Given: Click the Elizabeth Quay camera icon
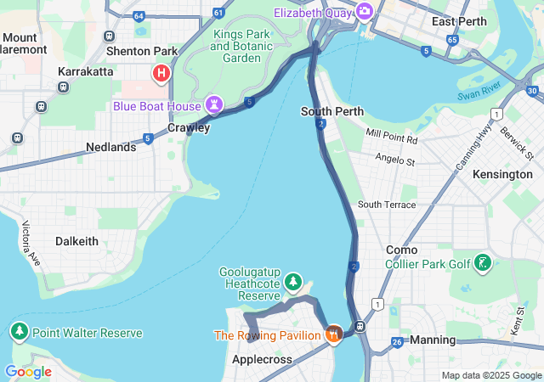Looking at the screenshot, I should pyautogui.click(x=365, y=11).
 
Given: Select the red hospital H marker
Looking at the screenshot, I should pyautogui.click(x=160, y=74).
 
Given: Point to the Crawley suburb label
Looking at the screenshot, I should pyautogui.click(x=188, y=127).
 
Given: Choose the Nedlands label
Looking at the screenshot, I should pyautogui.click(x=110, y=147).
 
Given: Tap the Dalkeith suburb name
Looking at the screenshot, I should pyautogui.click(x=76, y=241).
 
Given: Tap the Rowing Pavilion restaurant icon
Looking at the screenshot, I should pyautogui.click(x=333, y=334).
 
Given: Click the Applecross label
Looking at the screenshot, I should pyautogui.click(x=262, y=359).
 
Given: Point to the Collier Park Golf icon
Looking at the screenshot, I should pyautogui.click(x=483, y=263).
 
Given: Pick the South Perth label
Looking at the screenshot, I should pyautogui.click(x=332, y=111).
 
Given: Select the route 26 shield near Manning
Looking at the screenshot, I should pyautogui.click(x=397, y=342).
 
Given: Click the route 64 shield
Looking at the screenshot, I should pyautogui.click(x=139, y=14).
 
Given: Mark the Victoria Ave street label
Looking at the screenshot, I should pyautogui.click(x=31, y=241).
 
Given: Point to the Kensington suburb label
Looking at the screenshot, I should pyautogui.click(x=502, y=174).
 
